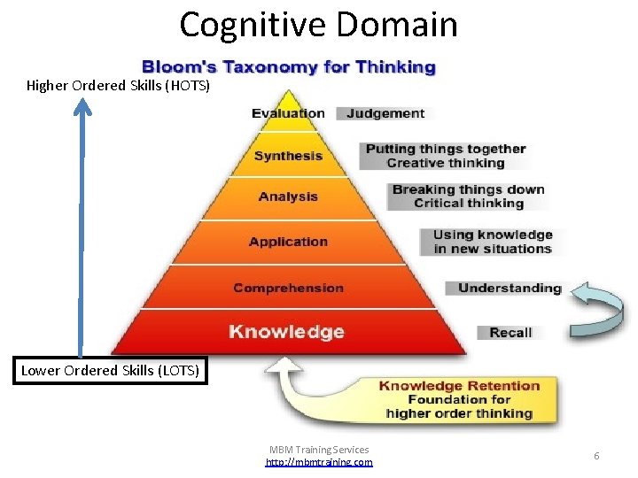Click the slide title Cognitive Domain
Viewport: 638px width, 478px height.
pos(319,24)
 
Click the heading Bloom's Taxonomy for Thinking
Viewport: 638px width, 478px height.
pos(289,67)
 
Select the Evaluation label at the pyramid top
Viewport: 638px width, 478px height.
pos(288,113)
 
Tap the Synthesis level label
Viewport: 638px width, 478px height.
pos(288,156)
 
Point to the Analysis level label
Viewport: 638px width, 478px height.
pos(288,197)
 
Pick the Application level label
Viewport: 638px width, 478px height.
pos(288,242)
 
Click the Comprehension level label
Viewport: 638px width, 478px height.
pos(288,288)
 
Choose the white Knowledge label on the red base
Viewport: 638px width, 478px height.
pos(286,332)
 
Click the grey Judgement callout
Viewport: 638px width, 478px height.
pos(385,113)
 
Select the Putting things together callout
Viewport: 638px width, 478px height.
pos(446,156)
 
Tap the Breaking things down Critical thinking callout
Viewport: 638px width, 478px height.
pos(468,196)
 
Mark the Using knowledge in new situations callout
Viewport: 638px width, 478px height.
pos(492,242)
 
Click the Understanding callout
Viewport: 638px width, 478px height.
pos(510,288)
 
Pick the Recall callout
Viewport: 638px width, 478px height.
pos(510,333)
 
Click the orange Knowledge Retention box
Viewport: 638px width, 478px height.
pos(459,399)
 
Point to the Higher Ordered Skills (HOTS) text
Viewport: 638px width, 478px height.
pos(118,86)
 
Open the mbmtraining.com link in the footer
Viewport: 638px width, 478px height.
pos(319,462)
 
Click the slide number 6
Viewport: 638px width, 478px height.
pos(596,455)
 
